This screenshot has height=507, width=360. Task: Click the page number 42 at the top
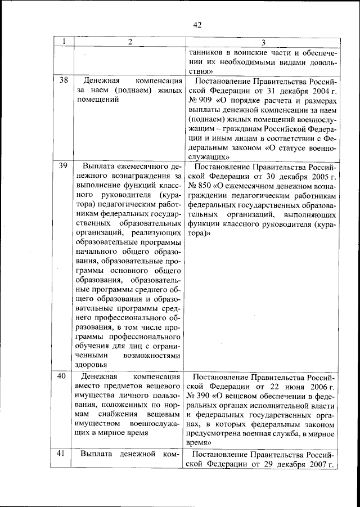pyautogui.click(x=196, y=24)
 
